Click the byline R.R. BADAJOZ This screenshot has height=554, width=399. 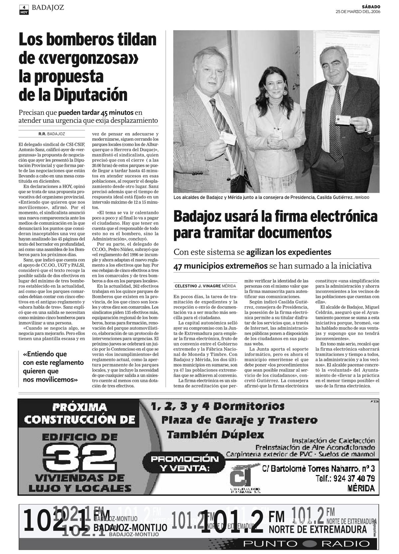click(52, 134)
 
